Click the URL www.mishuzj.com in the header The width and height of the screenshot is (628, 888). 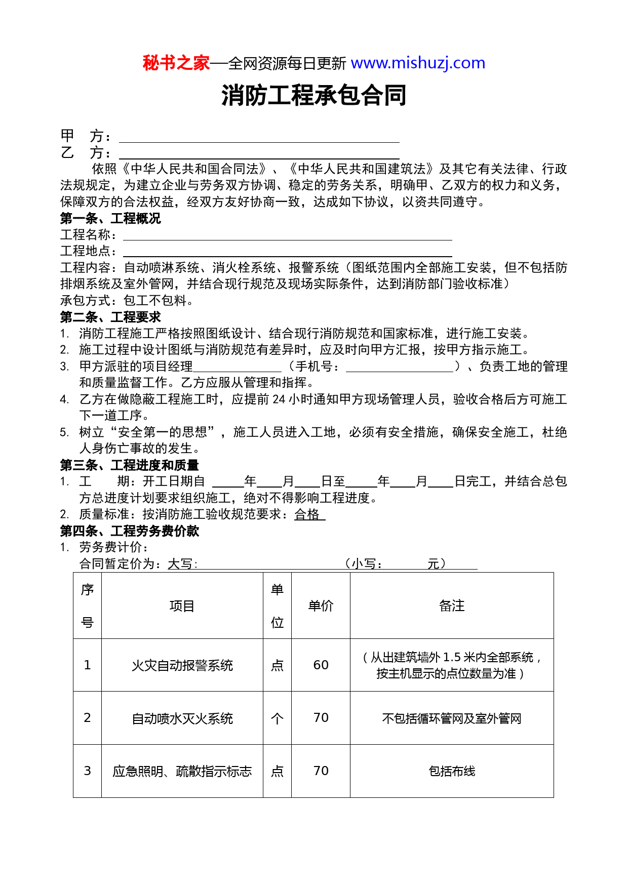(418, 63)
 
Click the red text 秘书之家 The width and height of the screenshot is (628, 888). (176, 63)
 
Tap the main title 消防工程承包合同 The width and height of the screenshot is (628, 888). (313, 95)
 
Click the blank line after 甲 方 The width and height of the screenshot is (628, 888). (259, 137)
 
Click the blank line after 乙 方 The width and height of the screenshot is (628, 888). (259, 153)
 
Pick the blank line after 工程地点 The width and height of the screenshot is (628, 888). (287, 252)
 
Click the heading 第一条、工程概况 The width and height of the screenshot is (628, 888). (110, 219)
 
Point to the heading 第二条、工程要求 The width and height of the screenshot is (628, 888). (110, 317)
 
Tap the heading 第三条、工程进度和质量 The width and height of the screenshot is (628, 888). (129, 465)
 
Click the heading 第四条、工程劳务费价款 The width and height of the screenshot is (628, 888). (129, 531)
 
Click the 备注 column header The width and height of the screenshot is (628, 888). (452, 606)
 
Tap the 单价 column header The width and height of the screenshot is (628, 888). (321, 606)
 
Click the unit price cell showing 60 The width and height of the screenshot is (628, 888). (321, 665)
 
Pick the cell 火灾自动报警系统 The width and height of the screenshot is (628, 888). (182, 665)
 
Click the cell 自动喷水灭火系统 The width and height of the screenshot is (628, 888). (182, 718)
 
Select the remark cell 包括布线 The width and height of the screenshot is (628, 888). (452, 771)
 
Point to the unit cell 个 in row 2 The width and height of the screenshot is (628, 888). (277, 718)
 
